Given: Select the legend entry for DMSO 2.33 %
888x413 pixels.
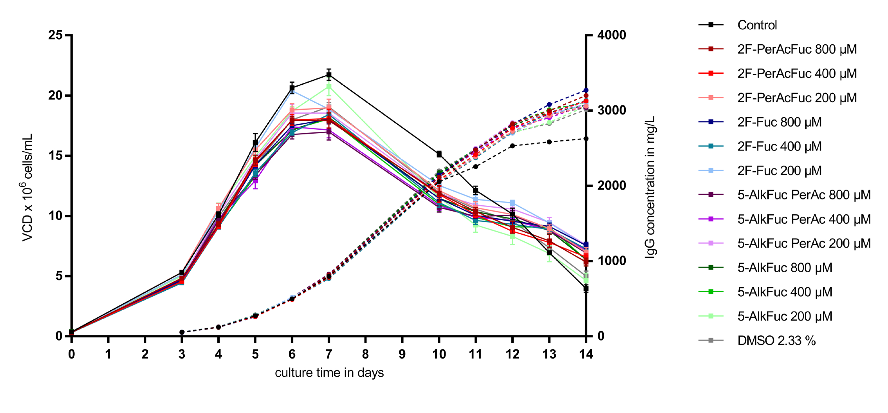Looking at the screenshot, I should [776, 341].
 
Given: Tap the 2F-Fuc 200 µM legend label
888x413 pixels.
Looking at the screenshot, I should [779, 171].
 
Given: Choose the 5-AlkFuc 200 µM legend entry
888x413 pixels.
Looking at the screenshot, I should [785, 316].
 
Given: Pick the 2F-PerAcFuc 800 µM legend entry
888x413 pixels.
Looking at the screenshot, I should [797, 49].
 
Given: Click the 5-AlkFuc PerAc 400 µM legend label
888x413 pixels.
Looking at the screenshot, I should [804, 219].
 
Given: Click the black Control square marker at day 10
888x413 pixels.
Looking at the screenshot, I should [439, 154].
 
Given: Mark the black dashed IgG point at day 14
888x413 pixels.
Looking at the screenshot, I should [586, 139].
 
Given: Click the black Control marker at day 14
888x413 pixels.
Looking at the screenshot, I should [586, 288].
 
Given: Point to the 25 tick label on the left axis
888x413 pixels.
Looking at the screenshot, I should [55, 35].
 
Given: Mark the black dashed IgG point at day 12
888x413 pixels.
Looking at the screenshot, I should [512, 146].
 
